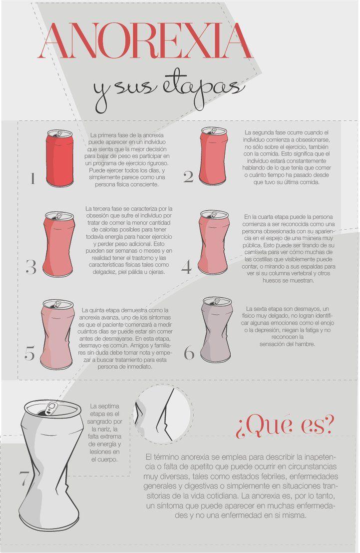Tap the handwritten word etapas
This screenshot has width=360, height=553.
[x=203, y=90]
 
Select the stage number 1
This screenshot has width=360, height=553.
[x=32, y=178]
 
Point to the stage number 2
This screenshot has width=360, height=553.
[x=188, y=177]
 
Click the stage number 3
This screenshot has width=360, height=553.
[x=31, y=267]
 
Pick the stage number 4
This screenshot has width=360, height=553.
[x=187, y=267]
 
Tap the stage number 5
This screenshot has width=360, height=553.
[x=29, y=353]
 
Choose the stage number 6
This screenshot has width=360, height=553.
[x=189, y=353]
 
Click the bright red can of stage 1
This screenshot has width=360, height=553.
[x=59, y=158]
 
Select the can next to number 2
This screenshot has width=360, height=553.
[x=213, y=156]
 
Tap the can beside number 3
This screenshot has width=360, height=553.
[x=59, y=244]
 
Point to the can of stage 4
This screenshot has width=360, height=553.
[x=214, y=242]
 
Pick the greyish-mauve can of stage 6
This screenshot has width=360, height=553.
[x=217, y=329]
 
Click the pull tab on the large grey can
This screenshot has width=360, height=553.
[x=50, y=409]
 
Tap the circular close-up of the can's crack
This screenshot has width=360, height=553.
[x=163, y=414]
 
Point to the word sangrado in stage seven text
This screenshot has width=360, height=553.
[x=105, y=422]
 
